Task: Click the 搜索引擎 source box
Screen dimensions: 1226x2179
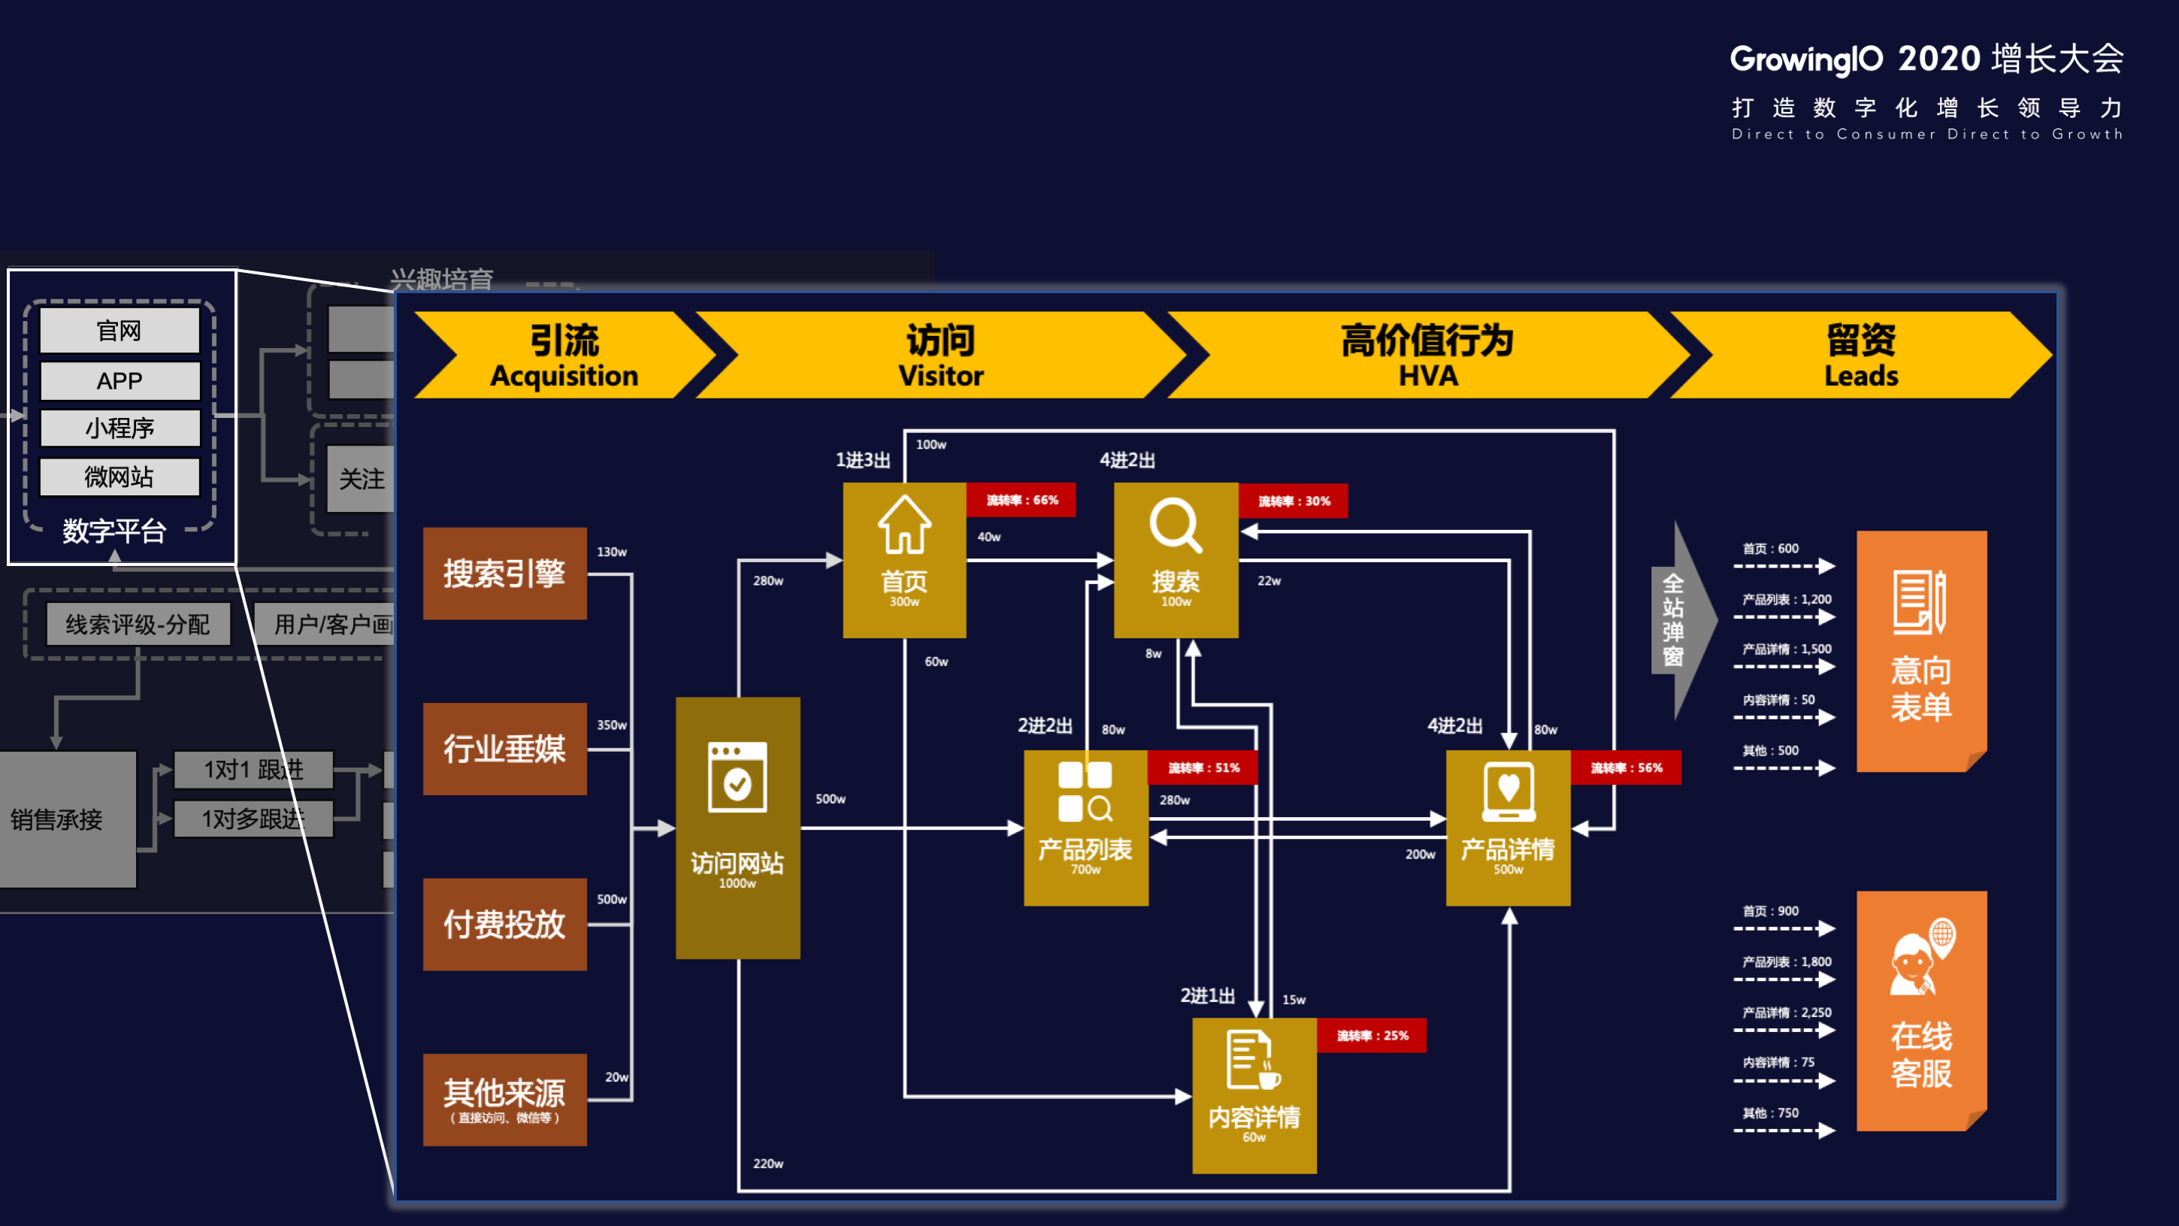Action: pos(504,574)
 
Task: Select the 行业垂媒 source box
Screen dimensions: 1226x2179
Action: pos(504,749)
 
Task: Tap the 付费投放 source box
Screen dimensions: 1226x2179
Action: pos(504,924)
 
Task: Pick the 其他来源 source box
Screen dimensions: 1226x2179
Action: pos(504,1099)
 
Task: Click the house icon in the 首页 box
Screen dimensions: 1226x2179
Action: pos(904,525)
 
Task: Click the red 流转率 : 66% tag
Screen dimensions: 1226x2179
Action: pos(1021,500)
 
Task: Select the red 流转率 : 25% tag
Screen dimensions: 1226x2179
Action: pos(1371,1036)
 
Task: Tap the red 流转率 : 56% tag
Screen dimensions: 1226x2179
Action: pos(1625,768)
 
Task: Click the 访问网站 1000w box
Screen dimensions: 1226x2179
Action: pos(737,828)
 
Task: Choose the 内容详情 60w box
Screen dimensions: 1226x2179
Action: pos(1254,1096)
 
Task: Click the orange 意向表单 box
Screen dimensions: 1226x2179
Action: pos(1921,652)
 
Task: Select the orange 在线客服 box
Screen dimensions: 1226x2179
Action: pos(1921,1011)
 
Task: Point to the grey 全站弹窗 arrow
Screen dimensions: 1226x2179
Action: pos(1679,620)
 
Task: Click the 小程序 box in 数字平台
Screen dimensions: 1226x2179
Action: pos(120,428)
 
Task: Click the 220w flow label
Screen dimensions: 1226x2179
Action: pos(768,1164)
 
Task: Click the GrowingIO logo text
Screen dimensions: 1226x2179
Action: pos(1806,59)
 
